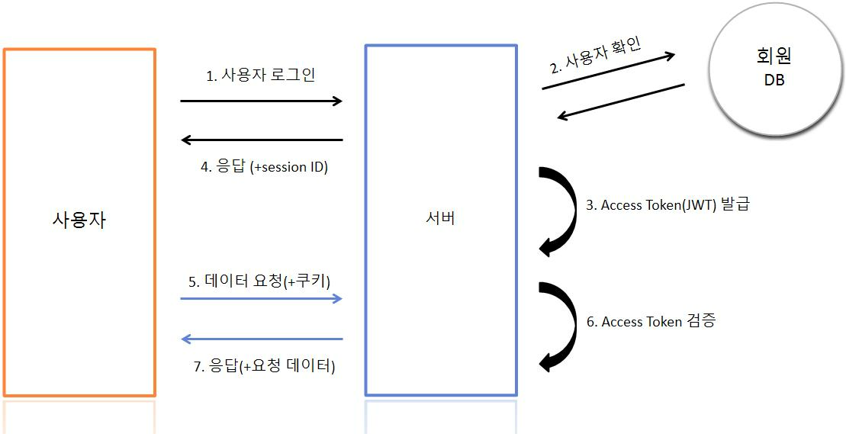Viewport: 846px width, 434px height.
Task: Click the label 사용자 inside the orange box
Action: point(79,220)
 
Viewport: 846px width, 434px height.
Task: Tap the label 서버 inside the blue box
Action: point(441,219)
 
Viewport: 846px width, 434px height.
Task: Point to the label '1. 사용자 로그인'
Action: point(261,76)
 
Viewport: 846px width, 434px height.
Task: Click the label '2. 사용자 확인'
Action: point(596,54)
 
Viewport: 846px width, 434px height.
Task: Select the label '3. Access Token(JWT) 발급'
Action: point(667,204)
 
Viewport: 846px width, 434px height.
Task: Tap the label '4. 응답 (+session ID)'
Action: point(264,167)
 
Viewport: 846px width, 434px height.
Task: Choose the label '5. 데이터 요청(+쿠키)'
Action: point(259,281)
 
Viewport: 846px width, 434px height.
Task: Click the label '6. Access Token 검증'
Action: point(651,321)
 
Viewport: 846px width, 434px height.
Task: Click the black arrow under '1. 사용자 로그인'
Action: point(261,101)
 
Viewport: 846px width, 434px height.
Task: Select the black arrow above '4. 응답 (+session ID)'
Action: point(261,140)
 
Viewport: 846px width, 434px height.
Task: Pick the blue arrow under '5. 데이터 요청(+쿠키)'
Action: point(261,298)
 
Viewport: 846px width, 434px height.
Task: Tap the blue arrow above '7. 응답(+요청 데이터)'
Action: point(261,339)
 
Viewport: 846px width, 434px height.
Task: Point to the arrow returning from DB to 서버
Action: point(621,101)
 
